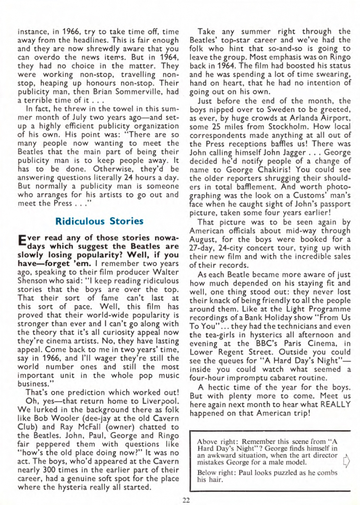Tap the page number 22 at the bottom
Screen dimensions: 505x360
[185, 500]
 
